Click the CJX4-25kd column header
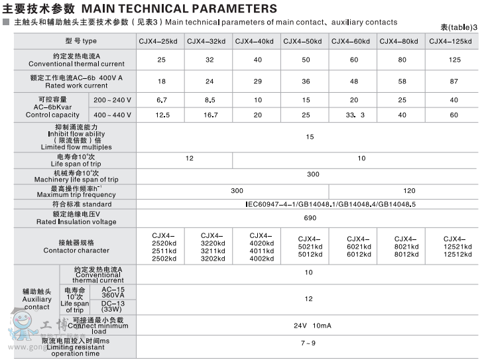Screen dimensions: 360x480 (x=158, y=42)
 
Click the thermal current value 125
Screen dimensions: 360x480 (x=454, y=60)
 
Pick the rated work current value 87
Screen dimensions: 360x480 (x=454, y=82)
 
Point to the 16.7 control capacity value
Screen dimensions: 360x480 (x=210, y=115)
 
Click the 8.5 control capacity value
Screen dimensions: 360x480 (x=210, y=100)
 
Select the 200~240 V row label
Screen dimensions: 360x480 (x=112, y=100)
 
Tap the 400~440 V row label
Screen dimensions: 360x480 (x=112, y=115)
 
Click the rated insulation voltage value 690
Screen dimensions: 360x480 (x=310, y=218)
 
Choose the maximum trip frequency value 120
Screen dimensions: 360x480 (x=409, y=190)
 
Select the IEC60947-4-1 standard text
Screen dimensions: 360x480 (x=330, y=204)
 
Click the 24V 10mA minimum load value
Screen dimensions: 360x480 (x=312, y=326)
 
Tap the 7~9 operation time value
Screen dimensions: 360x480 (x=308, y=343)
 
